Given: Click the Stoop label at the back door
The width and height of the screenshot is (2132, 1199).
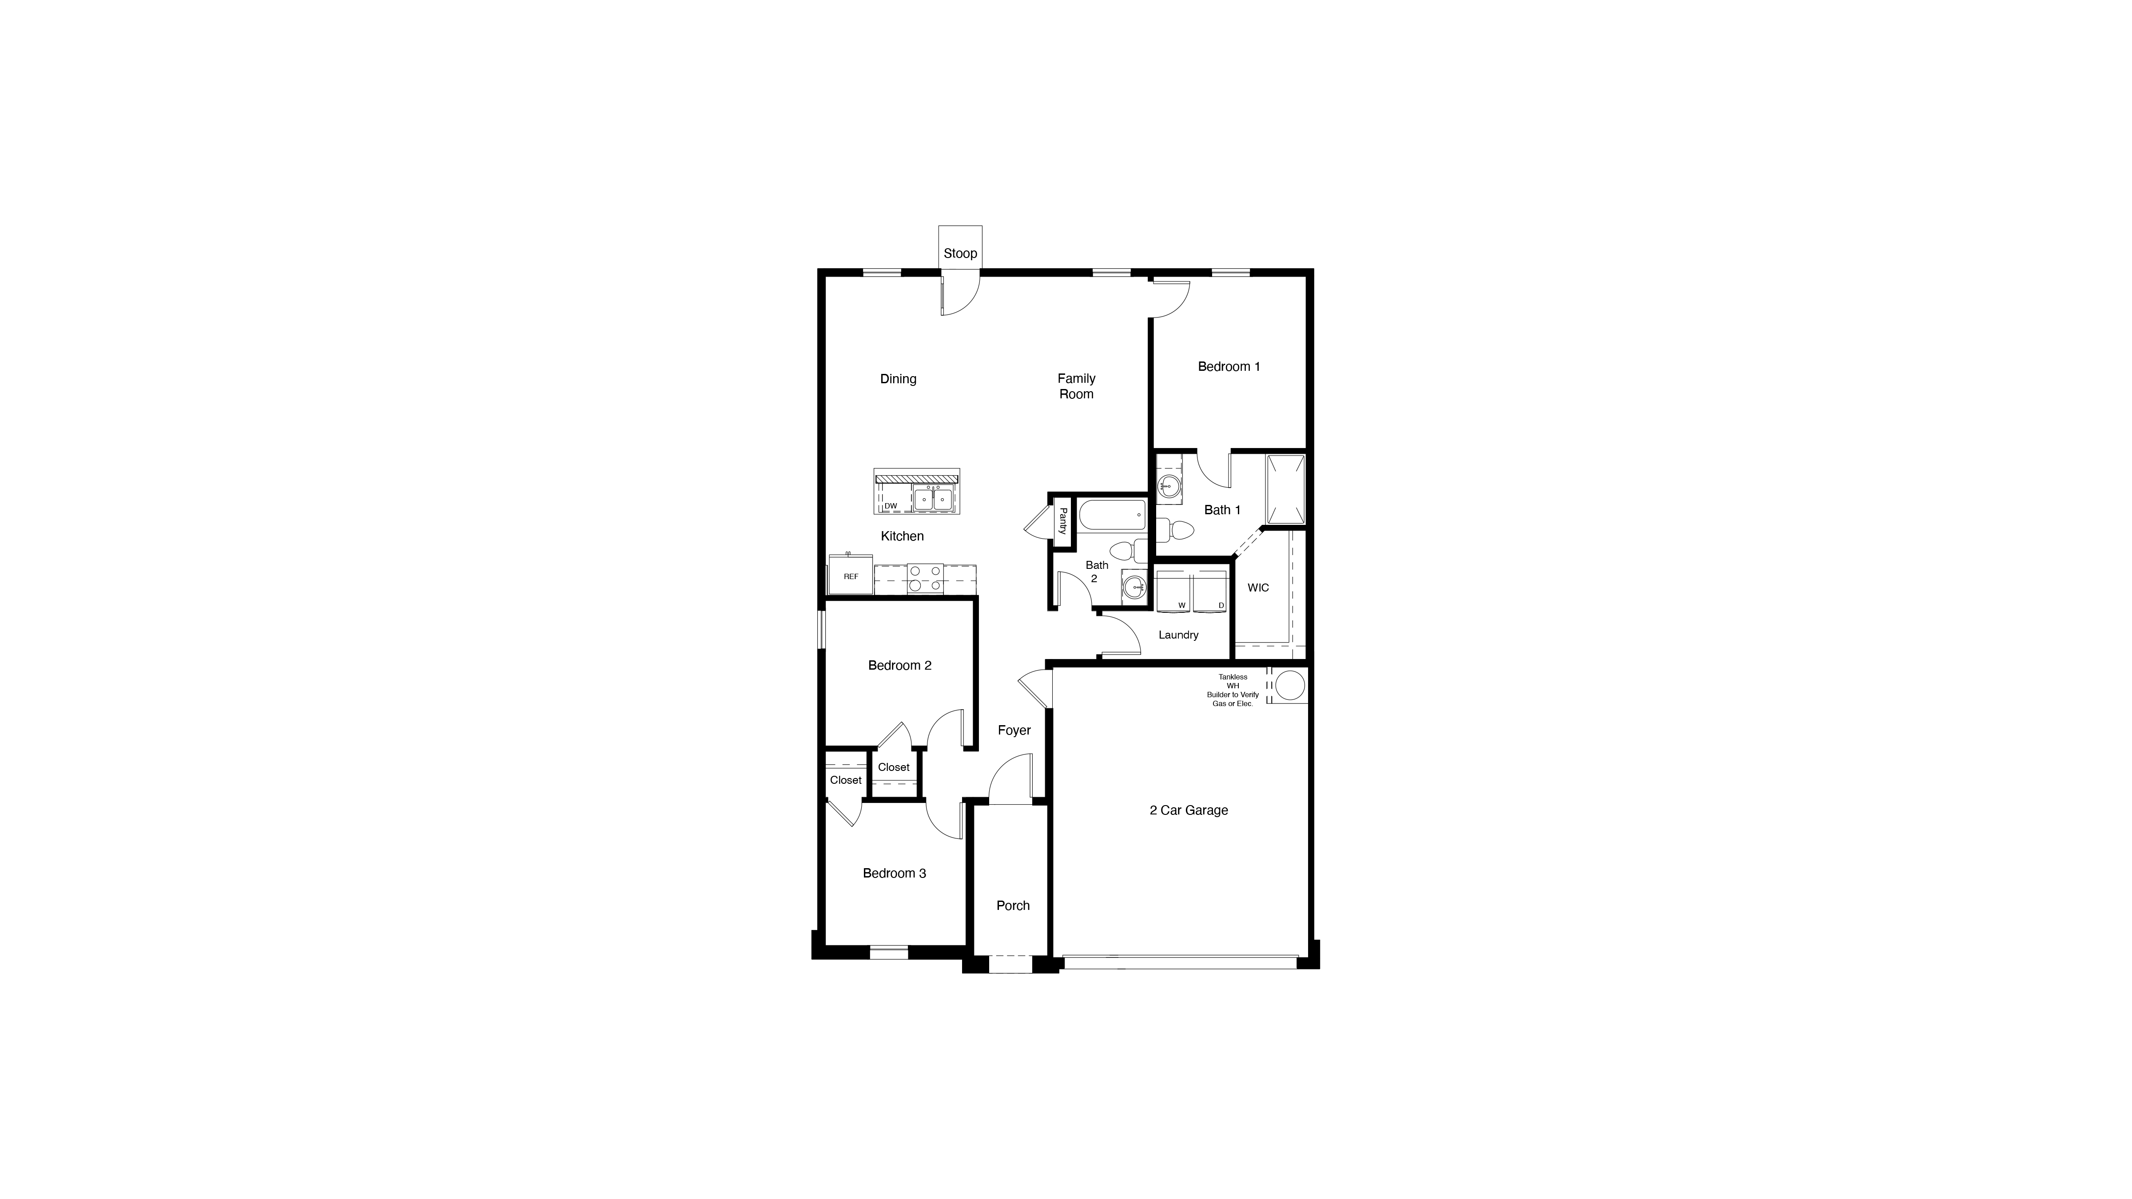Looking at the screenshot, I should (x=960, y=253).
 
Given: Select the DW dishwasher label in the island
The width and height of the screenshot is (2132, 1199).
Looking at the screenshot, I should (x=891, y=506).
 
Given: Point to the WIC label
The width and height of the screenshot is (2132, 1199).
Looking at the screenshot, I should (x=1258, y=588).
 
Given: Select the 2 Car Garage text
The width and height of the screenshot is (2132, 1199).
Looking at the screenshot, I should (x=1189, y=810).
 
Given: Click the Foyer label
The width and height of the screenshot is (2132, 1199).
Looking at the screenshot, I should (x=1014, y=730).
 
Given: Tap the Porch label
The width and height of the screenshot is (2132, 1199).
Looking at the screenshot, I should (x=1013, y=905).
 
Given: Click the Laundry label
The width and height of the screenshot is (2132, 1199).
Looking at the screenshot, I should (x=1178, y=635).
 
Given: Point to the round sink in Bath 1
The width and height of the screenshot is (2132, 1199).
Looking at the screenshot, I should (x=1169, y=486).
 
